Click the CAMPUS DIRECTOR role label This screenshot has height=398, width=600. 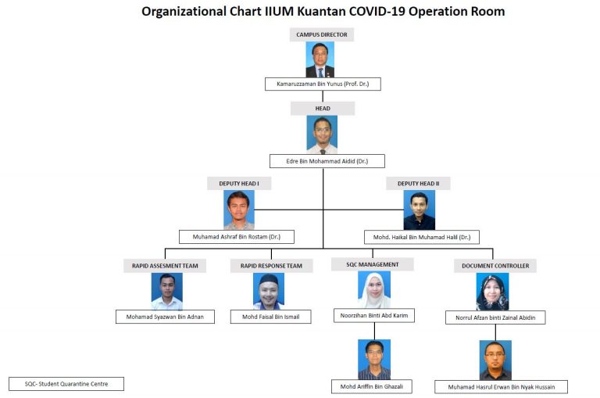click(x=321, y=34)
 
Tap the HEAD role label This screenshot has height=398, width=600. click(x=323, y=109)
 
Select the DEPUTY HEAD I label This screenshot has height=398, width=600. click(x=239, y=184)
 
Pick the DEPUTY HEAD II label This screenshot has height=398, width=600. click(x=418, y=184)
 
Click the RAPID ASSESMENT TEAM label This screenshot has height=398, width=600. click(x=165, y=266)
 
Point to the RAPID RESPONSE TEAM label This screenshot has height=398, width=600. click(x=271, y=266)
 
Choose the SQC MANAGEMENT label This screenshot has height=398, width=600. click(x=373, y=264)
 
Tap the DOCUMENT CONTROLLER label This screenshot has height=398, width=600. click(x=495, y=266)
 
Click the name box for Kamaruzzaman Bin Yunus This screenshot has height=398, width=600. click(x=323, y=84)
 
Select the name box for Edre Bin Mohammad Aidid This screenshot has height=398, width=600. click(x=327, y=161)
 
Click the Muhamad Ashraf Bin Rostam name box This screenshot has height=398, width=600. click(x=237, y=237)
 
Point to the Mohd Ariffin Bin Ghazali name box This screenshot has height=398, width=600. click(x=372, y=386)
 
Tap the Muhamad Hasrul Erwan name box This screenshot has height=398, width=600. click(x=502, y=387)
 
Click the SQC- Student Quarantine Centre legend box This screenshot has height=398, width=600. click(x=66, y=384)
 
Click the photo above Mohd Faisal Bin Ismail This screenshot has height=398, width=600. click(x=269, y=291)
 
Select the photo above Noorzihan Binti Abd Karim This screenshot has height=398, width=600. click(x=374, y=289)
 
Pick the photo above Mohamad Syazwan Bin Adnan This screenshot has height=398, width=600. click(x=167, y=291)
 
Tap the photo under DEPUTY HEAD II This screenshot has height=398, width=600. click(x=420, y=210)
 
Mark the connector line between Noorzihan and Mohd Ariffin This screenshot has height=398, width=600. click(x=374, y=331)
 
